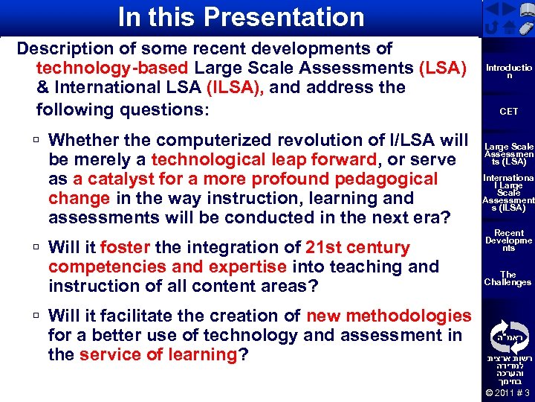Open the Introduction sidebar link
(508, 71)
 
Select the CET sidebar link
(508, 111)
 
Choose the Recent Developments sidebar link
(508, 240)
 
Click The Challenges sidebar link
(508, 278)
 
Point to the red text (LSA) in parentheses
(443, 68)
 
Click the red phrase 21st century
(357, 247)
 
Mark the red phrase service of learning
(158, 354)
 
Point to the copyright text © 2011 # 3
(508, 393)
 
